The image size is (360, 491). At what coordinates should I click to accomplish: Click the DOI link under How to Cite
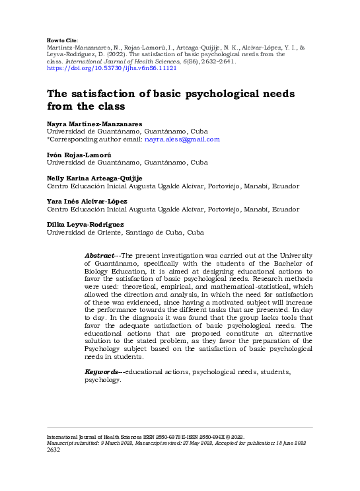pos(111,68)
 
